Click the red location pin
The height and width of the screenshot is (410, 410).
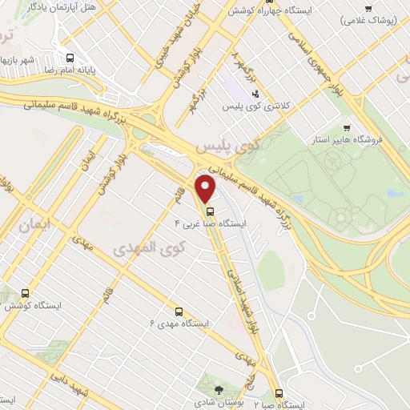tap(207, 189)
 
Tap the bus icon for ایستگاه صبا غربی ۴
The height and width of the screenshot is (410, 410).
tap(210, 212)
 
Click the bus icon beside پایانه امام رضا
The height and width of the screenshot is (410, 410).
tap(70, 58)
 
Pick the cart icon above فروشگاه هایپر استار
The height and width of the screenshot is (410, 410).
tap(347, 127)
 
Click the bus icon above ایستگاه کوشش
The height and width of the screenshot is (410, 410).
tap(26, 293)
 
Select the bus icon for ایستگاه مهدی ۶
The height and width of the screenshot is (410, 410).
tap(178, 311)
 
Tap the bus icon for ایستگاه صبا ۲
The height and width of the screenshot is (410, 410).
tap(279, 393)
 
